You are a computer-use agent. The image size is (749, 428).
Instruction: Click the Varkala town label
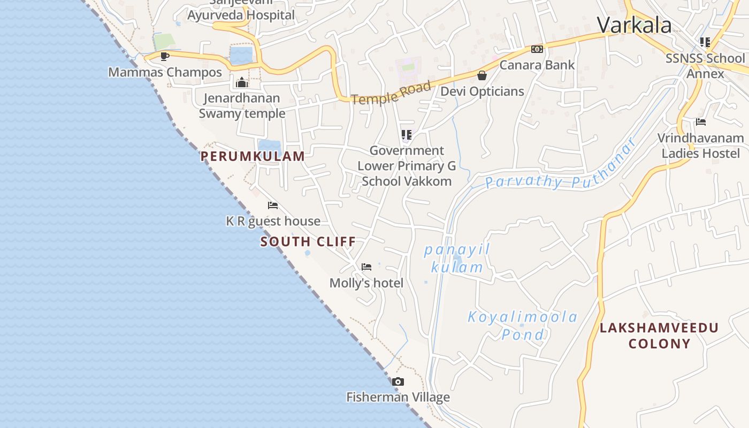(x=634, y=25)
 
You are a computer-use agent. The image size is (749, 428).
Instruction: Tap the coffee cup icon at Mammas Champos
(x=165, y=56)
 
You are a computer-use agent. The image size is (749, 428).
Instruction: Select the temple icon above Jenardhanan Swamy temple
(x=242, y=82)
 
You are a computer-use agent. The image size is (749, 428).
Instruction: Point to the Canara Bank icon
(x=537, y=49)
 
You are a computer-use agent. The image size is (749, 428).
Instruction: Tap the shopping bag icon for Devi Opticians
(x=482, y=75)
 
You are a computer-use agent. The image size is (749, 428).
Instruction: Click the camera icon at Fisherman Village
(x=398, y=381)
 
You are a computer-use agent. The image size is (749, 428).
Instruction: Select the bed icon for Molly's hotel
(x=366, y=266)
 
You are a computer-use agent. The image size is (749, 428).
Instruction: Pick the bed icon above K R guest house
(x=273, y=205)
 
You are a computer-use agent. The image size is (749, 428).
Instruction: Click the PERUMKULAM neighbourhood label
(x=253, y=156)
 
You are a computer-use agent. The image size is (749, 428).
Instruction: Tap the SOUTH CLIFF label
(x=308, y=242)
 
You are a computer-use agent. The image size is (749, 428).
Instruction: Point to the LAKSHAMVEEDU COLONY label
(x=659, y=335)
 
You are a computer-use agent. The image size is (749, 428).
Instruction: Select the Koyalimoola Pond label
(x=523, y=325)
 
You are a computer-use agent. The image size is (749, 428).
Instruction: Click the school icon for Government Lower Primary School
(x=407, y=134)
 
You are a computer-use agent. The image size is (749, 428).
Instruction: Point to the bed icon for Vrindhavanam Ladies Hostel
(x=701, y=122)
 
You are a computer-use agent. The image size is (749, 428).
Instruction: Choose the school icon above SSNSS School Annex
(x=705, y=42)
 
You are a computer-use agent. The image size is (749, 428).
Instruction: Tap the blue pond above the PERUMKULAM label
(x=269, y=145)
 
